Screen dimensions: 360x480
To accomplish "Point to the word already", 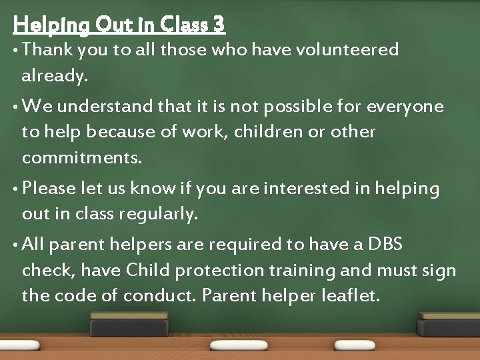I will [54, 77].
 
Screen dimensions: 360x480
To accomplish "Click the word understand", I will [106, 107].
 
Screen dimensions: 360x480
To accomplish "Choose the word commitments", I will [82, 159].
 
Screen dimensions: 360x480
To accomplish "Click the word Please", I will [49, 189].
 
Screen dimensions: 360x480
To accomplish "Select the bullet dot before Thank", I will [16, 50].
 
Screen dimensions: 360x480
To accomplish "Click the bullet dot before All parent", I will [16, 245].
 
